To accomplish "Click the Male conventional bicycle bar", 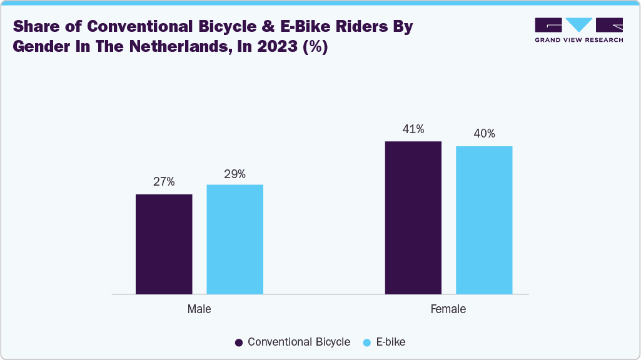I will [x=164, y=244].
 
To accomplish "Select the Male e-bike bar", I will [x=235, y=239].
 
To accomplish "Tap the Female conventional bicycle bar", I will [x=413, y=217].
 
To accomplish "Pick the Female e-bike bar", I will [x=484, y=220].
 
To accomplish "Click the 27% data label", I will [x=164, y=182].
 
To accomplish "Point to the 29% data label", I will [x=235, y=174].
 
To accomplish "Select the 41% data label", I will [x=413, y=129].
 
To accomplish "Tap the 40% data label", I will [x=484, y=134].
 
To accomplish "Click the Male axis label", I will [x=199, y=309].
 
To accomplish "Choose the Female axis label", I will [x=448, y=309].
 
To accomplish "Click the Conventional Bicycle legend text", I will [x=299, y=342].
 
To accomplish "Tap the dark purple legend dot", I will [x=239, y=342].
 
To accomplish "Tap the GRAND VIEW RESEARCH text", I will [x=578, y=40].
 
